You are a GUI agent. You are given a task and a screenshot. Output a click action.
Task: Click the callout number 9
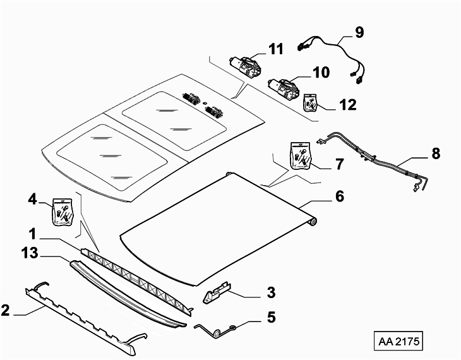point(359,32)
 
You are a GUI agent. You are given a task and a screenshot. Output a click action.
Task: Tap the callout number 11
point(276,49)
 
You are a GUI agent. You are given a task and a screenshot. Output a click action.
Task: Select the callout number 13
point(30,253)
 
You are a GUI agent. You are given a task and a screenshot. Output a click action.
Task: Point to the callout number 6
point(340,196)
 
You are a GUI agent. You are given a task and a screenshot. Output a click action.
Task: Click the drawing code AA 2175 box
point(398,341)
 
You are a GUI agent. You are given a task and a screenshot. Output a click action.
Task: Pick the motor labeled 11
point(246,67)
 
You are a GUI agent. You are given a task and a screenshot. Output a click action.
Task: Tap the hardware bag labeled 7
point(301,155)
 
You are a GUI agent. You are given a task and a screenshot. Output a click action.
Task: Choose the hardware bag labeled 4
point(63,212)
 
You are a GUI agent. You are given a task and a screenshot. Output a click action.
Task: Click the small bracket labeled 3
point(217,292)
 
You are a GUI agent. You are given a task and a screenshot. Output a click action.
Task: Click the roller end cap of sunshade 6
point(313,222)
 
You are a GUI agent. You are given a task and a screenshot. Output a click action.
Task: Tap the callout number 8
point(436,153)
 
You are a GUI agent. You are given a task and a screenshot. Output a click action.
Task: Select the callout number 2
point(5,311)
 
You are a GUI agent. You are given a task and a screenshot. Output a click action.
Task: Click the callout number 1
point(32,234)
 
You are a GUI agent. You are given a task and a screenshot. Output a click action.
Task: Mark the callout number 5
point(271,317)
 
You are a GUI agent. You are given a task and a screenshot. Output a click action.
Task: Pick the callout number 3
point(271,292)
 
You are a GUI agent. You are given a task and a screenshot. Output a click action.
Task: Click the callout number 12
point(348,105)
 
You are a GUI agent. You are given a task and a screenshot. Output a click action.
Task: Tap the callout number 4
point(32,200)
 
